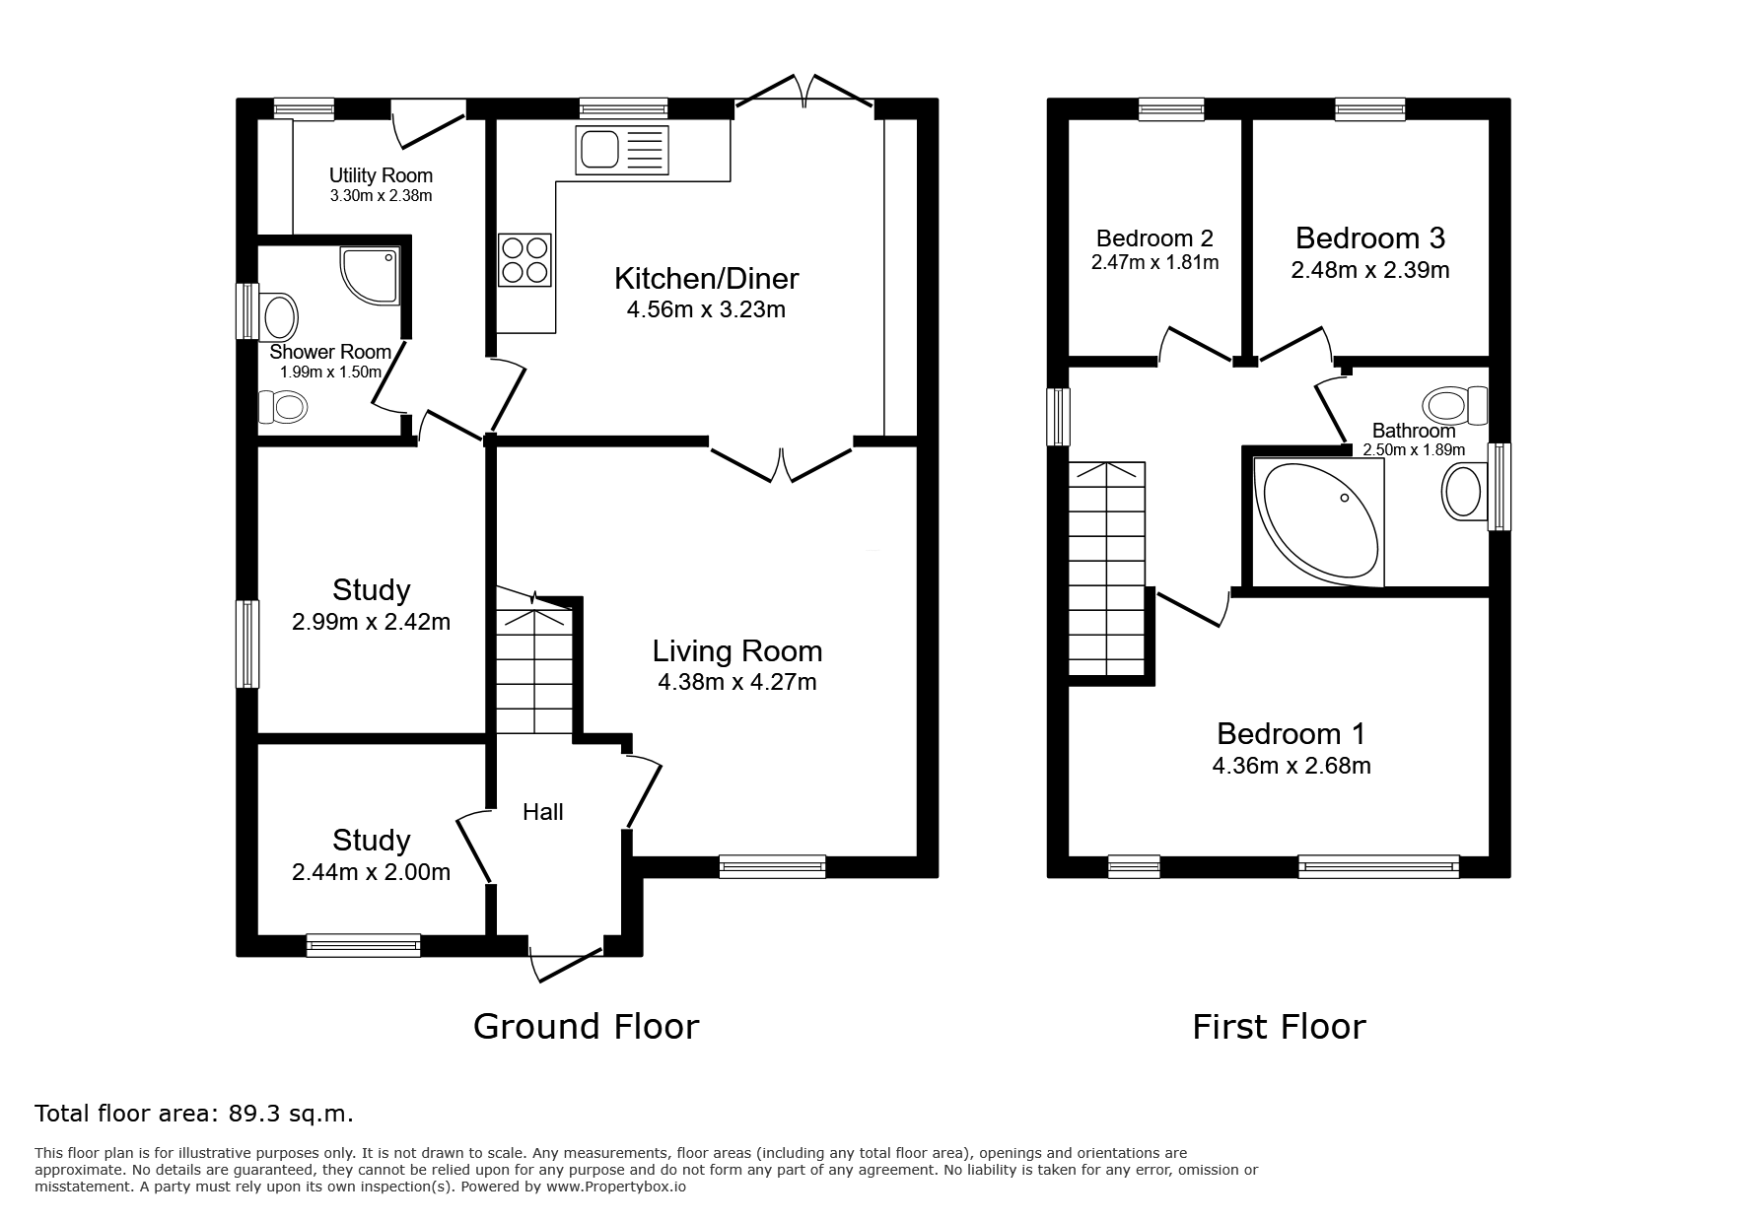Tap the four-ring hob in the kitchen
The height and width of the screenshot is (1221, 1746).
[524, 259]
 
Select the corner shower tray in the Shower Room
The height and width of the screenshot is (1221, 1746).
[371, 276]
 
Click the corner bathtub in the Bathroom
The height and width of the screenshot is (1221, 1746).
[1318, 521]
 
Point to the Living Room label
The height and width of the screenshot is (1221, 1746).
[737, 650]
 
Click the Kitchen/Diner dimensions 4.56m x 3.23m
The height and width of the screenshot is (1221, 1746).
[706, 310]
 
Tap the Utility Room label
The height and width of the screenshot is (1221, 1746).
[381, 175]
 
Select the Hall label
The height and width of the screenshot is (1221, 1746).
[543, 811]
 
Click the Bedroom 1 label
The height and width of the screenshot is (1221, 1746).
[1292, 733]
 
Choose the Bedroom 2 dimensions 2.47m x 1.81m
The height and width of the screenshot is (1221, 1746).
[1155, 263]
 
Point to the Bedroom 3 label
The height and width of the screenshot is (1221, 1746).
[1370, 237]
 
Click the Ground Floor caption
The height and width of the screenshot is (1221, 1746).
[587, 1027]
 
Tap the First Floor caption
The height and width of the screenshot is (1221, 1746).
[1279, 1027]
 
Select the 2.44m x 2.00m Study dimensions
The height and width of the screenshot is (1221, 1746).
[372, 872]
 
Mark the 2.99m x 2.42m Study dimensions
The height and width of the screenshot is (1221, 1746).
[372, 622]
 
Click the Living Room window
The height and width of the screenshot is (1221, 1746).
[772, 866]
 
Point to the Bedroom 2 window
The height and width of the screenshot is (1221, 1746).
[1171, 109]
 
